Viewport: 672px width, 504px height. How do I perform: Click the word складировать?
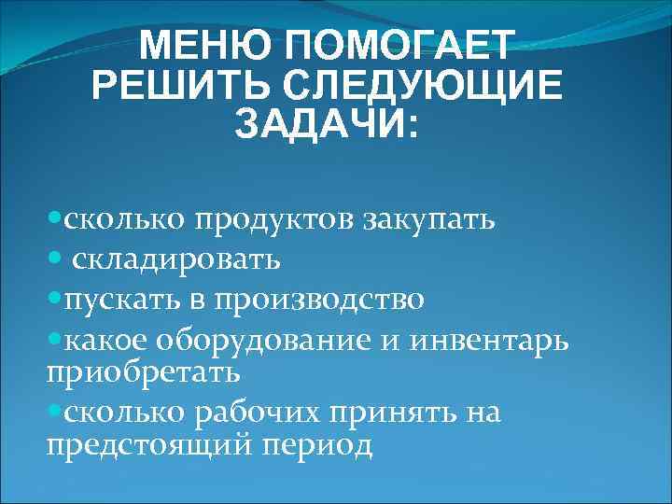(176, 259)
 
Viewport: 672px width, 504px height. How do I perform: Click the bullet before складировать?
(55, 257)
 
